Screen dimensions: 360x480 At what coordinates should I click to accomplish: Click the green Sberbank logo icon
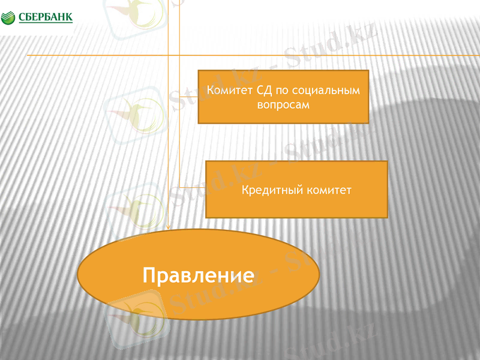click(9, 17)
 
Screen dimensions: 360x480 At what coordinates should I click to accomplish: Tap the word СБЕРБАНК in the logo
click(46, 17)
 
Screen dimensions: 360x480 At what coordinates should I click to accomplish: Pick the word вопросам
click(281, 104)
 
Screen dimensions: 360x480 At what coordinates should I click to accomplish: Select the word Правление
click(198, 275)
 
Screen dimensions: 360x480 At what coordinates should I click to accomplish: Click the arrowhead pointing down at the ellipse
click(169, 227)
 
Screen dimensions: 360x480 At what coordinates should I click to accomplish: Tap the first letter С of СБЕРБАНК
click(22, 17)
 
